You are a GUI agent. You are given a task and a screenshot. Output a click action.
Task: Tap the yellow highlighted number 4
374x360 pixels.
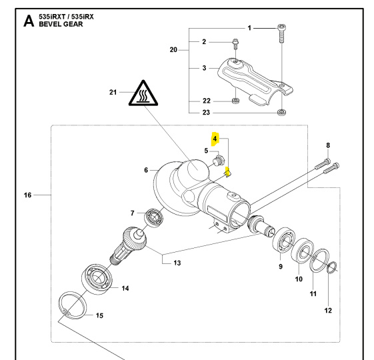(215, 139)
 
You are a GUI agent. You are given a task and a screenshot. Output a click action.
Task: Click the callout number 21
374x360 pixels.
(113, 91)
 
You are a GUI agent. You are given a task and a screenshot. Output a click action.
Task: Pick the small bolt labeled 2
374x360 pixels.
(235, 44)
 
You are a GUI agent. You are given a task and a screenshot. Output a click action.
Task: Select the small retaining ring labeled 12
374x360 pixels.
(333, 268)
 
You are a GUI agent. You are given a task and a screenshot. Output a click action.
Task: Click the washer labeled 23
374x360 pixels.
(282, 112)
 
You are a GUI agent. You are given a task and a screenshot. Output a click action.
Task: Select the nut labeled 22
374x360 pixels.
(235, 101)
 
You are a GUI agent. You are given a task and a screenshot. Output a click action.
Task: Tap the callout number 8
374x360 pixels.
(328, 145)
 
